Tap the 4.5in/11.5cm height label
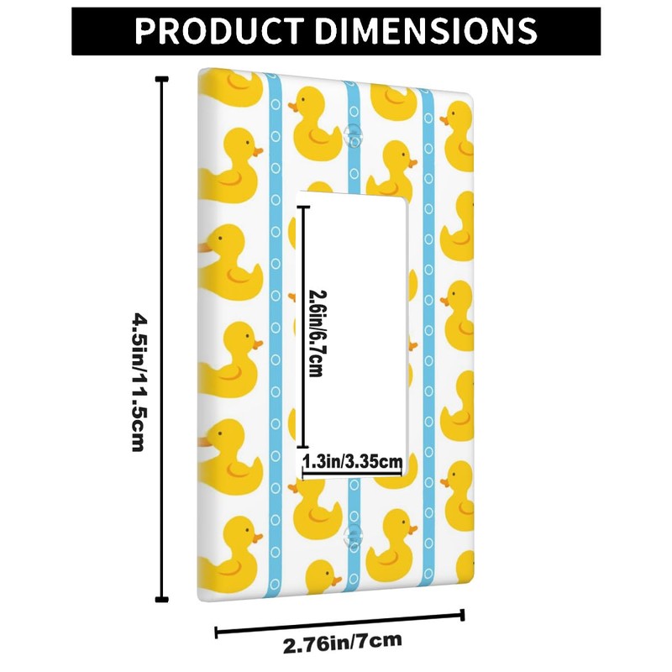[138, 382]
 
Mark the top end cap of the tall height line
[160, 78]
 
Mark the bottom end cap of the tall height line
[160, 598]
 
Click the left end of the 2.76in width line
[218, 633]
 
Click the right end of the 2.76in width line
[463, 613]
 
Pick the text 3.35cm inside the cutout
[379, 460]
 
